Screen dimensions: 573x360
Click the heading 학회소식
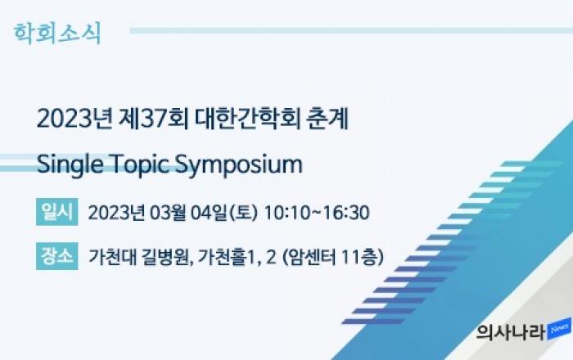click(x=57, y=34)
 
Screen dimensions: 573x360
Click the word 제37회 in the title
click(x=154, y=119)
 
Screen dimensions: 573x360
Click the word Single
click(x=70, y=164)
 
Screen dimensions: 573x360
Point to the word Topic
click(x=139, y=164)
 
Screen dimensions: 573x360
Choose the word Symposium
click(x=239, y=164)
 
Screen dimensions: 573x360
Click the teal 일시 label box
click(x=57, y=212)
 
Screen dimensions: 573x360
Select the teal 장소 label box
click(x=57, y=256)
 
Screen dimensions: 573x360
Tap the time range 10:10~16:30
click(x=317, y=213)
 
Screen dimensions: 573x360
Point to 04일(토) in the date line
click(x=224, y=213)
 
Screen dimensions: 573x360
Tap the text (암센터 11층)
click(x=333, y=257)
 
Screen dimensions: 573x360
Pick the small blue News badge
click(x=559, y=329)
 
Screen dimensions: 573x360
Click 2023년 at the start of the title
click(x=75, y=119)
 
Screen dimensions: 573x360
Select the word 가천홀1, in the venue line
click(x=229, y=257)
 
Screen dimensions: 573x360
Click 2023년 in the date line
click(x=116, y=213)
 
